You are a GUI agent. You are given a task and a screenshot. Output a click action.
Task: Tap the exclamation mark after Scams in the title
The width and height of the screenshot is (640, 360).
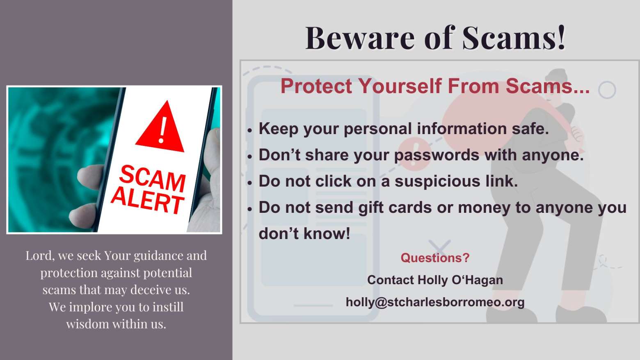(560, 37)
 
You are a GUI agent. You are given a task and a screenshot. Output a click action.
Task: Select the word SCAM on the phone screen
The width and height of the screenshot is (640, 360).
(152, 178)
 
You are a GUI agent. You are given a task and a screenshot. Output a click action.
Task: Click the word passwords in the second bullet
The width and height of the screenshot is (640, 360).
(437, 155)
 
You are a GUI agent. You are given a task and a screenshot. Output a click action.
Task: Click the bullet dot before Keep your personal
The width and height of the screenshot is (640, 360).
(250, 130)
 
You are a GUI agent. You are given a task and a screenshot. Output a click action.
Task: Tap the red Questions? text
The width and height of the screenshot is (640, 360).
(435, 258)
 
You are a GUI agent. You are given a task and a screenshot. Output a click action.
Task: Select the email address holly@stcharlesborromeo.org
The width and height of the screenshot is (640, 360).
(435, 302)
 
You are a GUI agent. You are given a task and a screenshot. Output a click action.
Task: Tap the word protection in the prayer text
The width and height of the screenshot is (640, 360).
(69, 273)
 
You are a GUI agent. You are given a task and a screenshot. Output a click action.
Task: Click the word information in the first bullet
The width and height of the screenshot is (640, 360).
(462, 128)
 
